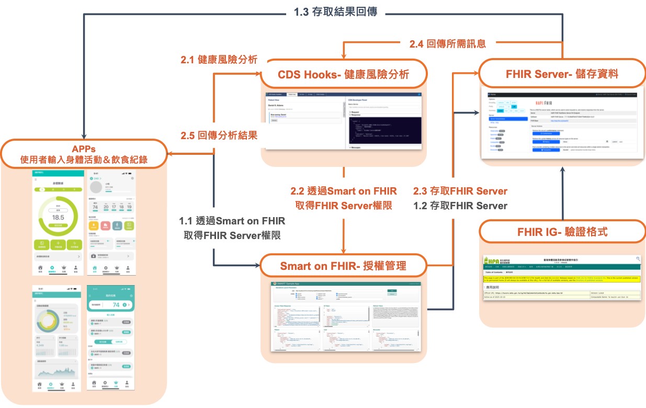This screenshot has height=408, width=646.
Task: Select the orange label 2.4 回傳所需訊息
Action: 447,44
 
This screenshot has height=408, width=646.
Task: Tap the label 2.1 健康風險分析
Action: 219,60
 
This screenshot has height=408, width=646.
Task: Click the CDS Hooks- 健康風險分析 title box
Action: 343,75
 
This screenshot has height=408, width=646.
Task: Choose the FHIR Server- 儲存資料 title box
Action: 562,74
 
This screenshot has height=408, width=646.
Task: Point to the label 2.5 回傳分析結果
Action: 219,135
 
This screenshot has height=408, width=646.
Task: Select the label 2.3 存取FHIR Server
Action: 460,191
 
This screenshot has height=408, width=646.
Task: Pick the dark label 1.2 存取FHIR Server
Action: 460,206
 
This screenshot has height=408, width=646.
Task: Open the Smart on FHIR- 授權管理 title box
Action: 343,266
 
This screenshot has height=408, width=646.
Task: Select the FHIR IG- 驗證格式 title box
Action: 562,232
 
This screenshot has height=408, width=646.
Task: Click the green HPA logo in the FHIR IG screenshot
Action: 492,260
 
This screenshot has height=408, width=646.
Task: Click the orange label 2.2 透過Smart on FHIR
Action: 343,191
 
